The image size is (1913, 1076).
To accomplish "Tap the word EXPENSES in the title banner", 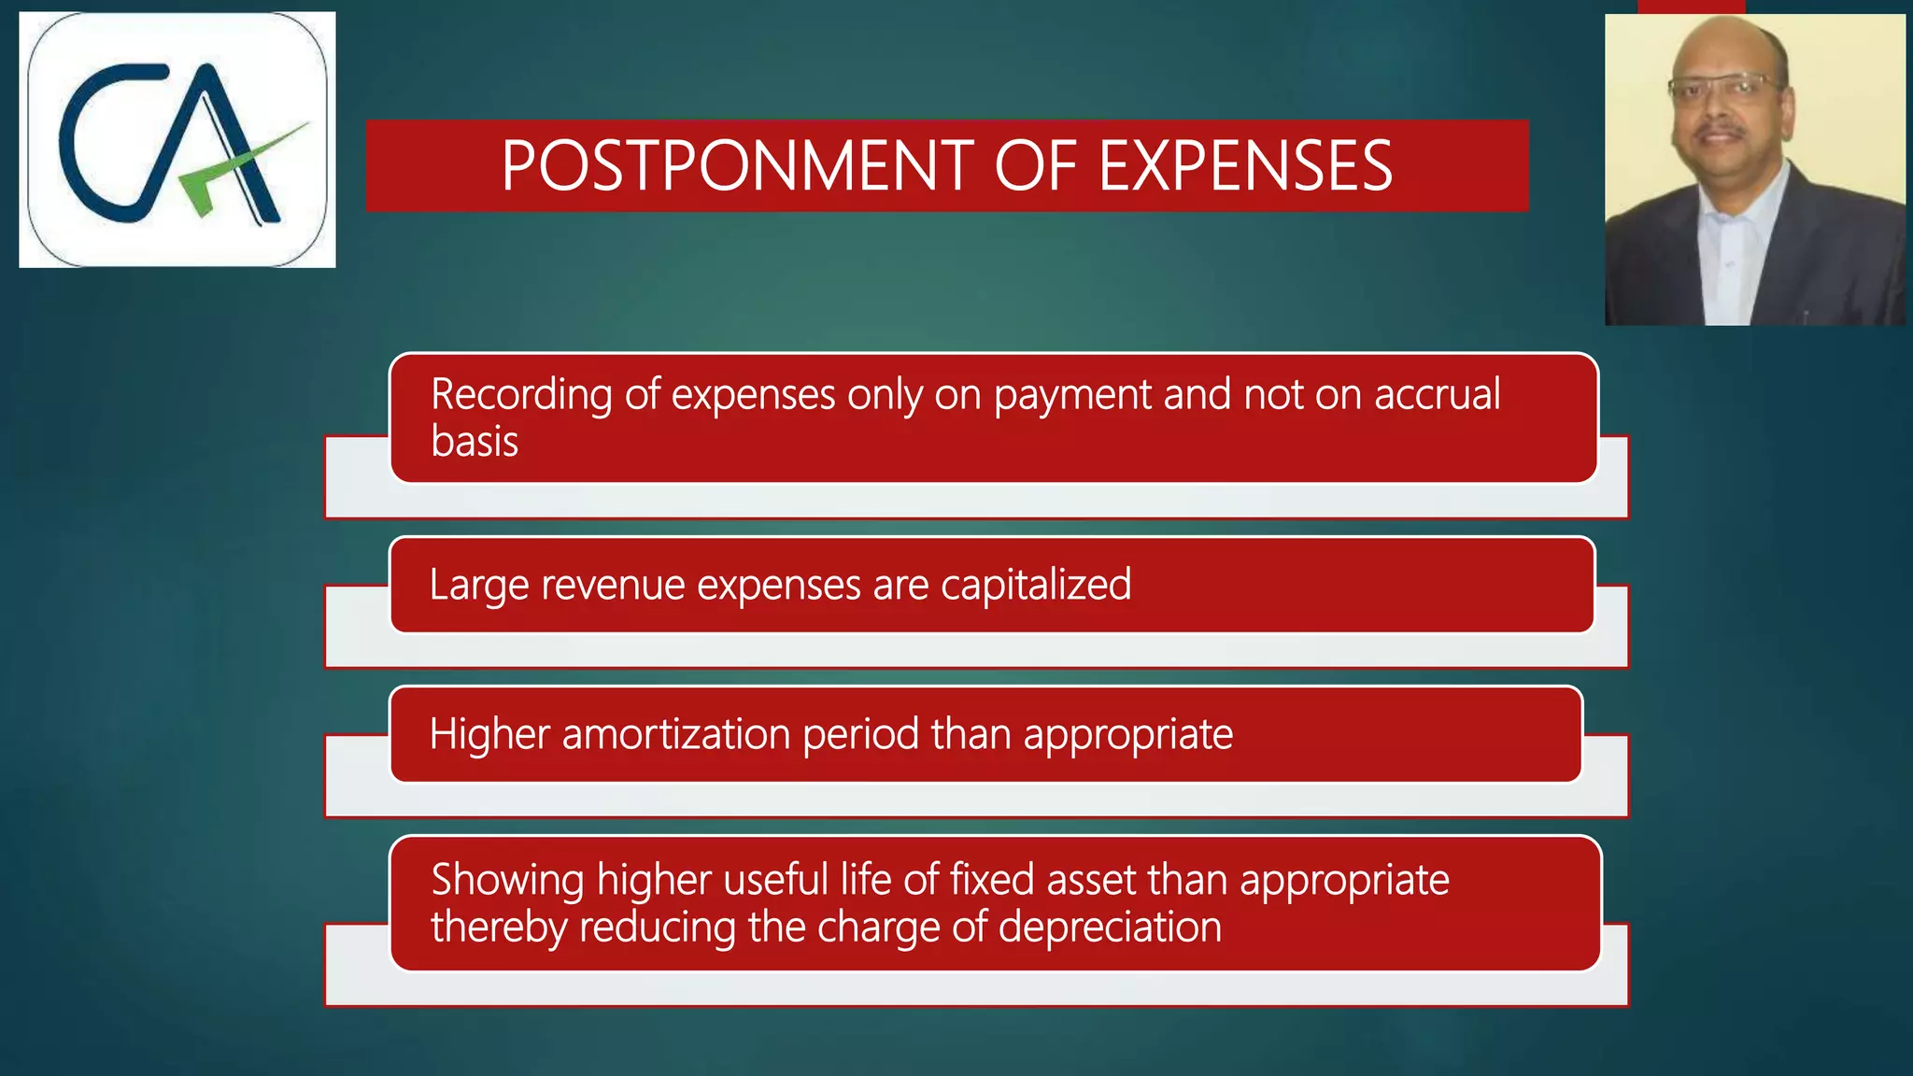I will point(1245,166).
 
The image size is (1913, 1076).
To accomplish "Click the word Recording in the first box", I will point(521,395).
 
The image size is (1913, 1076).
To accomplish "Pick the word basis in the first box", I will point(475,442).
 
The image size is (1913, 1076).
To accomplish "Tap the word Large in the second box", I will point(479,587).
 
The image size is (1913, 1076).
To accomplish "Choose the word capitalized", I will point(1036,587).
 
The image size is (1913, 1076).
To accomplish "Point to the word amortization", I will point(676,735).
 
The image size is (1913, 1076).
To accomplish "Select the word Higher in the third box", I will point(489,735).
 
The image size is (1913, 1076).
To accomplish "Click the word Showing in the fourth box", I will point(507,881).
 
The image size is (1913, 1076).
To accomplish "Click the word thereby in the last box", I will point(499,928).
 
